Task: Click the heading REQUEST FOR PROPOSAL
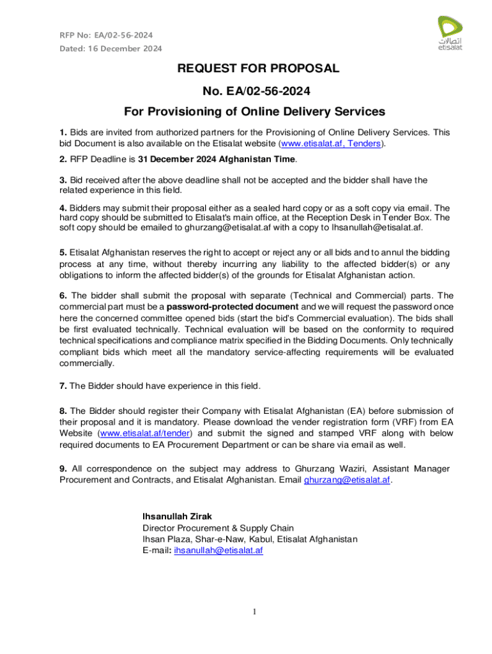[x=254, y=69]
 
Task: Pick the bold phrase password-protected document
[x=228, y=307]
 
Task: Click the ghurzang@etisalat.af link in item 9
[x=347, y=480]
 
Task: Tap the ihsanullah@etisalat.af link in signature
[x=218, y=551]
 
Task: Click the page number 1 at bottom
[x=254, y=612]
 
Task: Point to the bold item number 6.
[x=63, y=295]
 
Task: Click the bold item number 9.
[x=63, y=468]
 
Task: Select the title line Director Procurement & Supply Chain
[x=217, y=528]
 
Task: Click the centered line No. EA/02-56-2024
[x=254, y=90]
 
